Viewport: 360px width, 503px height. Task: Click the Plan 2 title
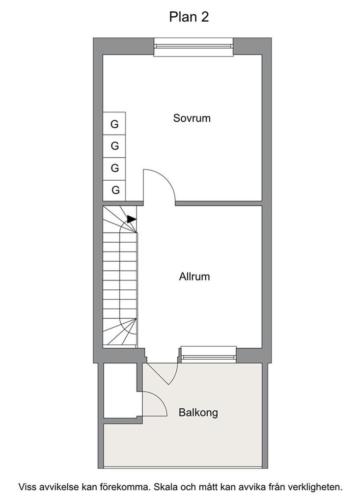(x=189, y=17)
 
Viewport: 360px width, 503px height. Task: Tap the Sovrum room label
(x=192, y=118)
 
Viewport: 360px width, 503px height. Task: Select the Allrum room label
(x=194, y=277)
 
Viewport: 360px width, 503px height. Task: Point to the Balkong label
(x=198, y=413)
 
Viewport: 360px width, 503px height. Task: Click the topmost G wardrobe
(x=114, y=123)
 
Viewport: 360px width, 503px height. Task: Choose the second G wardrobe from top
(x=114, y=146)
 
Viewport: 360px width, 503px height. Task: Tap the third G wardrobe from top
(x=114, y=168)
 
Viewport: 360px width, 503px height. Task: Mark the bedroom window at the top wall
(x=193, y=47)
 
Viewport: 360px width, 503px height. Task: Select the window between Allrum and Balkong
(x=209, y=355)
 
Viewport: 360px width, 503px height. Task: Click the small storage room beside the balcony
(x=120, y=391)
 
